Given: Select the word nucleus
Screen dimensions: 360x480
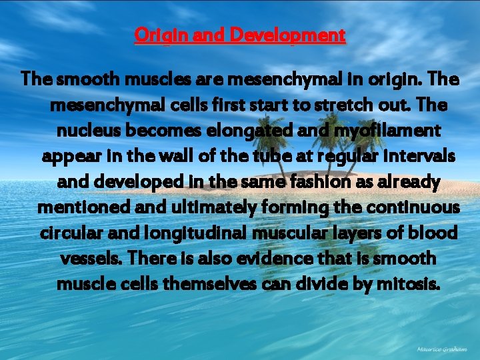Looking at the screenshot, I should pos(83,131).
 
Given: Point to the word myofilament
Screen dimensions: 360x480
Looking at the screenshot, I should pos(383,131).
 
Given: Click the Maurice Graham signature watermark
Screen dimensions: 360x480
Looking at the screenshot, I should pos(441,349).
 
